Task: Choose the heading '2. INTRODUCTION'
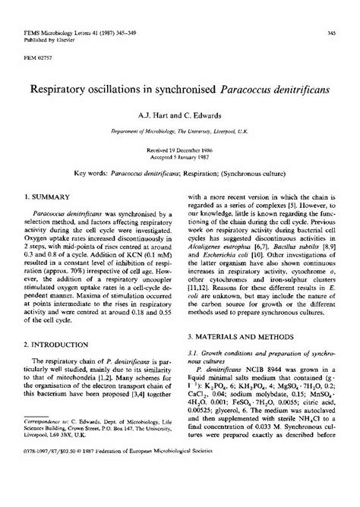click(55, 344)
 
